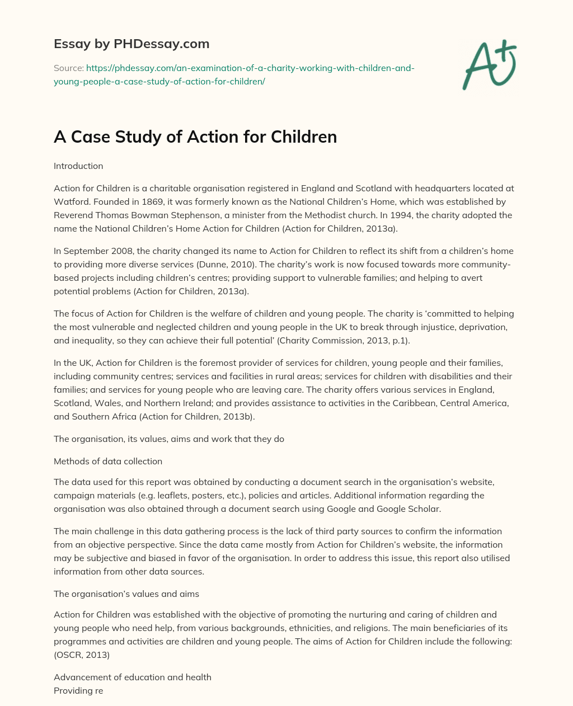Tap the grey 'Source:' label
point(69,68)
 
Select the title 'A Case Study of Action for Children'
point(195,137)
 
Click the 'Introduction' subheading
point(78,166)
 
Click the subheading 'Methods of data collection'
point(108,462)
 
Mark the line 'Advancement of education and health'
point(133,677)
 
